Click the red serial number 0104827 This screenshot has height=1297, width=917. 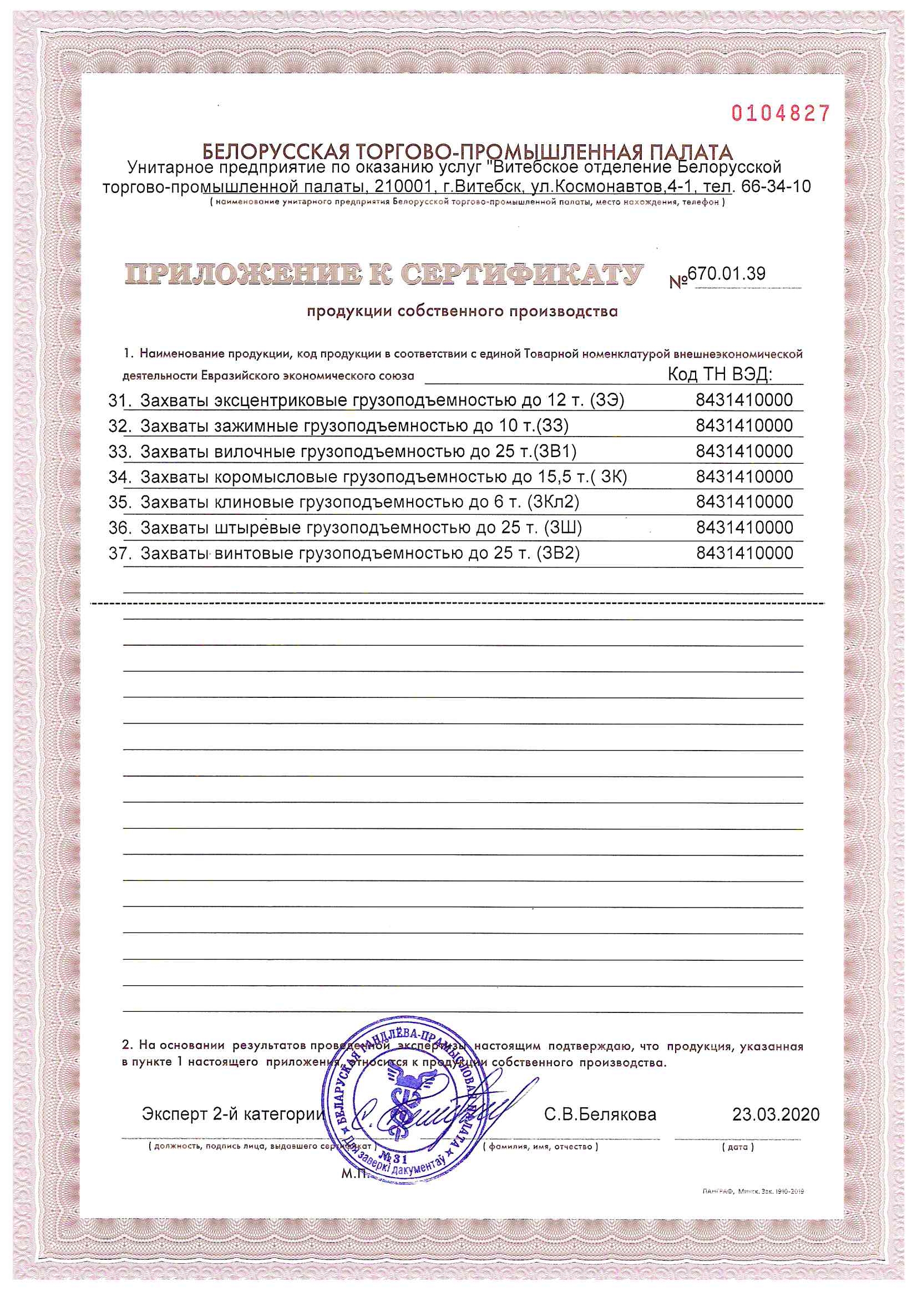pyautogui.click(x=781, y=114)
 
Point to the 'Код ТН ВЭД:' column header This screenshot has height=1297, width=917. pyautogui.click(x=720, y=374)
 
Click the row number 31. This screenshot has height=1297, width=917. pyautogui.click(x=117, y=401)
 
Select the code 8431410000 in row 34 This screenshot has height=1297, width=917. pyautogui.click(x=744, y=477)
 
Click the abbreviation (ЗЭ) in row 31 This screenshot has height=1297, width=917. pyautogui.click(x=607, y=401)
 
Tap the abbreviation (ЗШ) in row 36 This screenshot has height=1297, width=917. pyautogui.click(x=562, y=528)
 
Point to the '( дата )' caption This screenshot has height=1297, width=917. pyautogui.click(x=738, y=1147)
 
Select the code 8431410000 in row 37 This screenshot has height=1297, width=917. pyautogui.click(x=744, y=553)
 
